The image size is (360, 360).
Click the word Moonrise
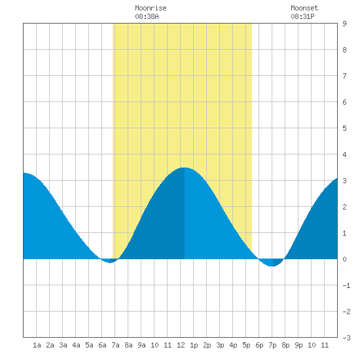coord(151,8)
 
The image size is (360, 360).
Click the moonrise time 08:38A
coord(147,16)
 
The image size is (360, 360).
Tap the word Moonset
coord(304,8)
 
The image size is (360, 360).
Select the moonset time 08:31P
coord(302,16)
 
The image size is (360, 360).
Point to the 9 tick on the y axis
coord(344,24)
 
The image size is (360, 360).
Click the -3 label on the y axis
coord(346,338)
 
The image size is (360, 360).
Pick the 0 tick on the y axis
coord(344,259)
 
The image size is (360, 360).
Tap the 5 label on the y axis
coord(344,128)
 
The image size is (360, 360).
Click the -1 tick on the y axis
coord(346,285)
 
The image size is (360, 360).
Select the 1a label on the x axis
coord(37,345)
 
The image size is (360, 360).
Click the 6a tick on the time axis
coord(102,345)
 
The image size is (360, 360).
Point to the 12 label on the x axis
coord(181,345)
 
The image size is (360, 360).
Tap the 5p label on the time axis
coord(246,345)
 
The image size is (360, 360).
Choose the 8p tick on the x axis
coord(285,345)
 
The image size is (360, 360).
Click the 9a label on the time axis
coord(141,345)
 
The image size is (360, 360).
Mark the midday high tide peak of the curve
coord(185,168)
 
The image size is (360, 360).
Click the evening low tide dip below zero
coord(272,266)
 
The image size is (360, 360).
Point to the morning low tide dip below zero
coord(110,262)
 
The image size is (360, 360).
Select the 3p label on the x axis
coord(220,345)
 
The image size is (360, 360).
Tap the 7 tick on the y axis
coord(344,76)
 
